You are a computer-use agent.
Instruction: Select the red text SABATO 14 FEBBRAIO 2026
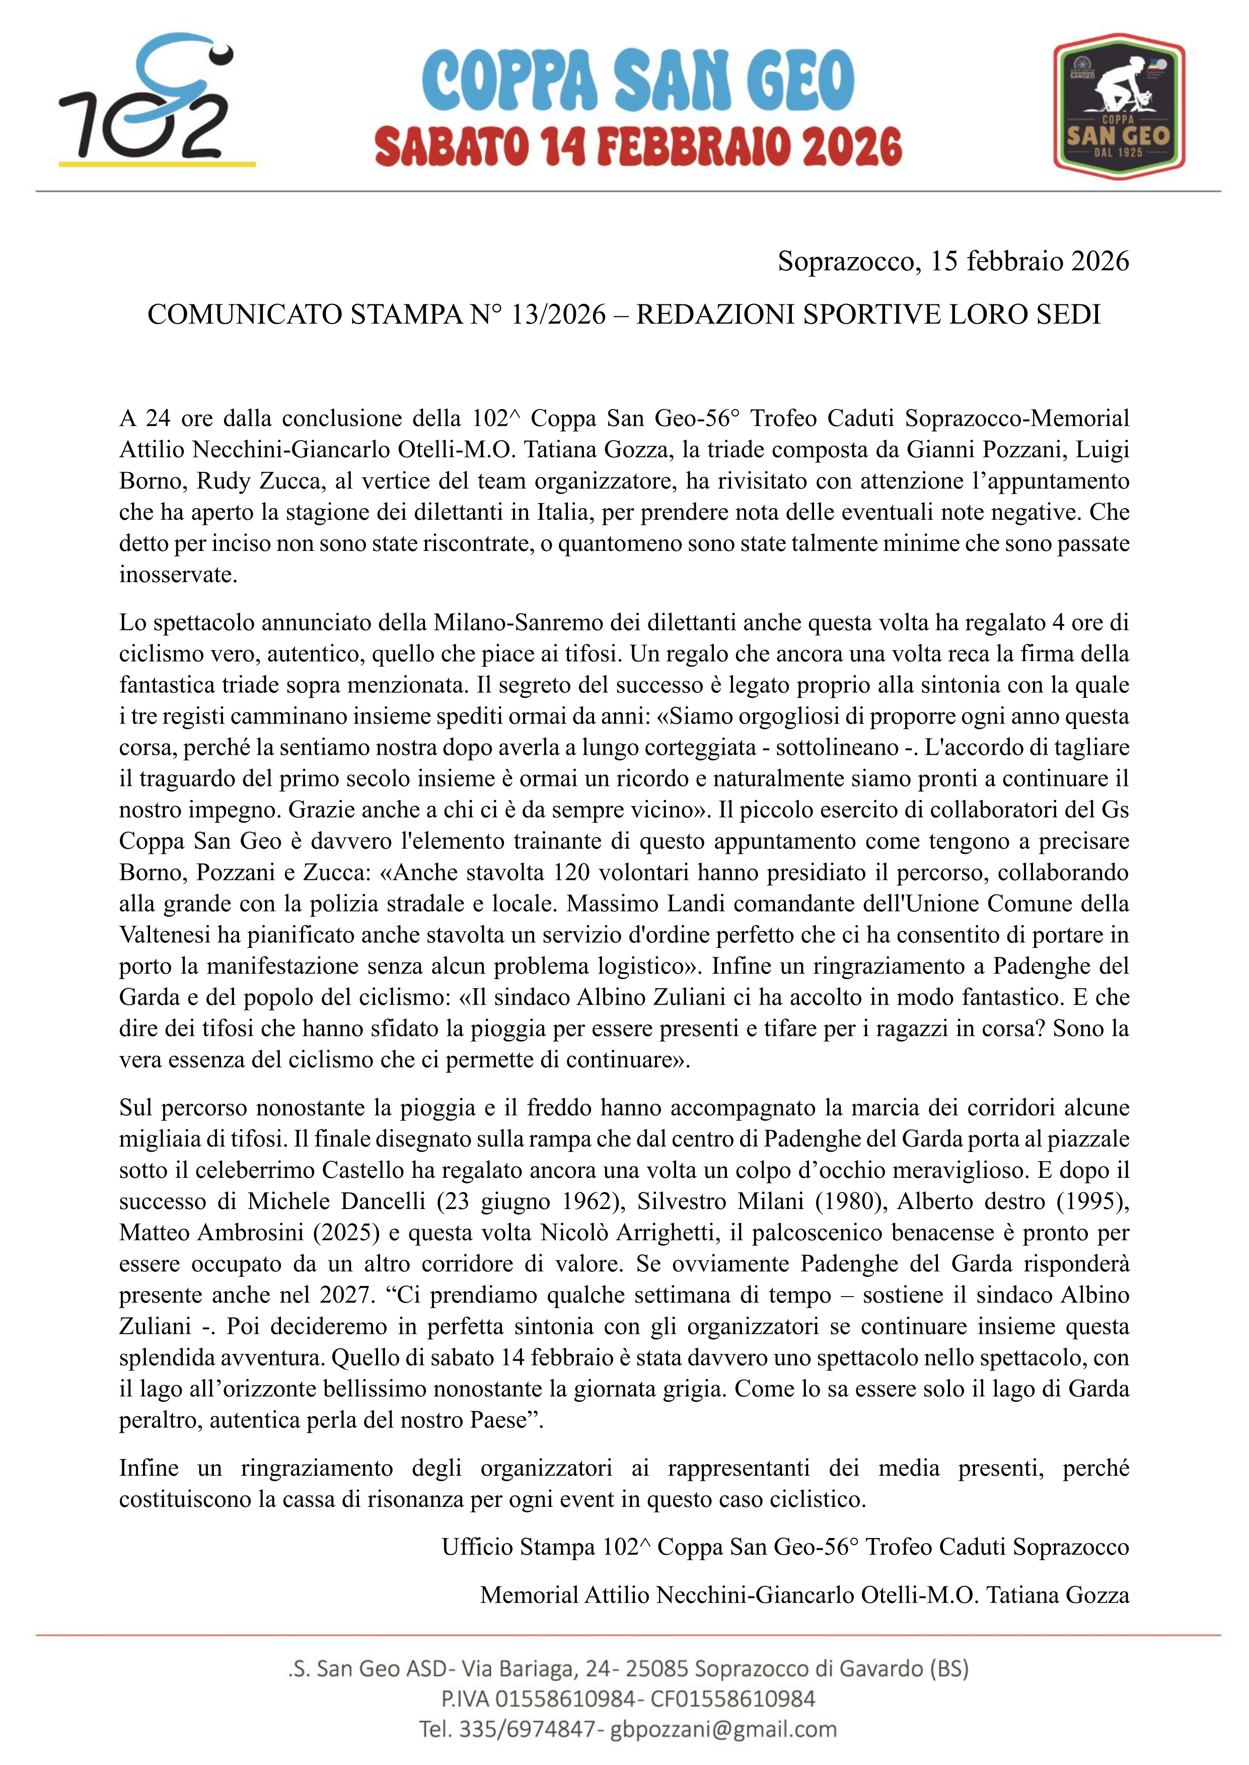pyautogui.click(x=638, y=147)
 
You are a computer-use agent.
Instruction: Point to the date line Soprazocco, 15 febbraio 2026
pyautogui.click(x=953, y=261)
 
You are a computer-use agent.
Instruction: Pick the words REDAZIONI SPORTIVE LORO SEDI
pyautogui.click(x=868, y=314)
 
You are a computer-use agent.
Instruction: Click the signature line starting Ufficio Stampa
pyautogui.click(x=784, y=1547)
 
